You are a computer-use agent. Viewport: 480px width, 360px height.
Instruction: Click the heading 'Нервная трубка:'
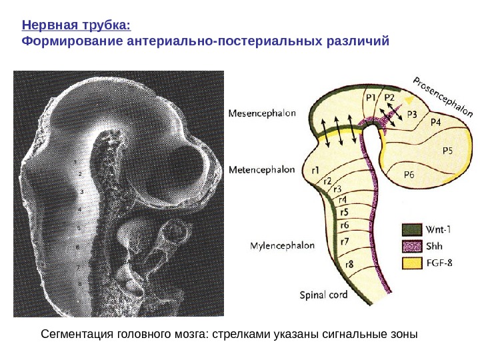coord(76,26)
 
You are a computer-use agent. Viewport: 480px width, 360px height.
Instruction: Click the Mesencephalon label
coord(262,113)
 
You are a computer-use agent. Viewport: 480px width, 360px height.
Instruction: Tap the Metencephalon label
coord(261,170)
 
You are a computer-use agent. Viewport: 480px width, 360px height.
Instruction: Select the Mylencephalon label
coord(282,246)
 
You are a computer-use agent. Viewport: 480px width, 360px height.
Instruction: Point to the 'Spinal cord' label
coord(323,294)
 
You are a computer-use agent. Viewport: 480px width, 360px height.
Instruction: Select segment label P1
coord(372,97)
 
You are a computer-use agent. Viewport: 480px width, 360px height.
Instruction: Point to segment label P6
coord(413,175)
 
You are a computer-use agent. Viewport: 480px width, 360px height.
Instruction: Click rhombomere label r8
coord(349,263)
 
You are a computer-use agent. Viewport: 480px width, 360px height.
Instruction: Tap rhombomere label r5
coord(345,212)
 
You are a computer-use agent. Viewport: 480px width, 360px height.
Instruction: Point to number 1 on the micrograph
coord(75,162)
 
